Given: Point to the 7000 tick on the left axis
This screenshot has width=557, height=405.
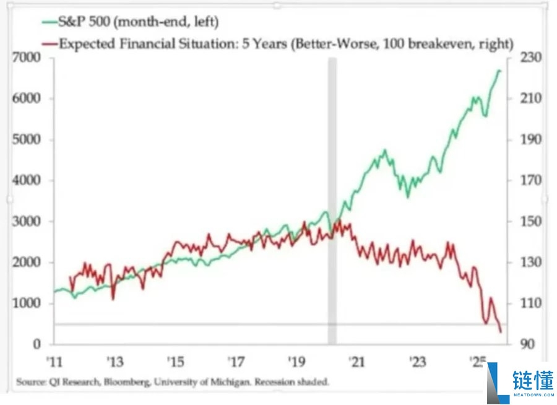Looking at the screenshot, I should click(x=27, y=58).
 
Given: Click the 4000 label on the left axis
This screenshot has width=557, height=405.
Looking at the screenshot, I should click(x=27, y=180).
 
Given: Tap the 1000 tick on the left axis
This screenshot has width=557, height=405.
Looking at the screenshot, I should click(x=27, y=303).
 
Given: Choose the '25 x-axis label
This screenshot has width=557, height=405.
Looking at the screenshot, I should click(x=478, y=362).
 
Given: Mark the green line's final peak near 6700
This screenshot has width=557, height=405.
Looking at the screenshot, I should click(x=499, y=71).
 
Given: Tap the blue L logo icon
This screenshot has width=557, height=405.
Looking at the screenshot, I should click(x=497, y=382).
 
